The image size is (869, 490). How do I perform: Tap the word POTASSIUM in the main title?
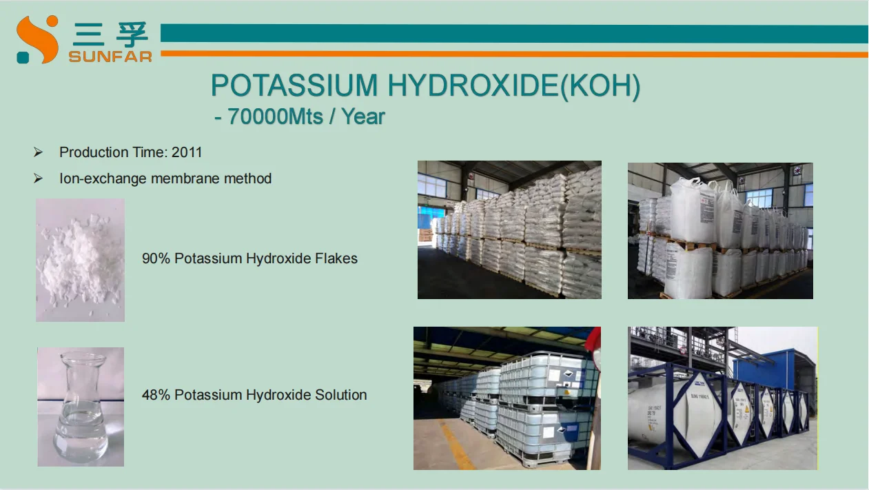(x=295, y=85)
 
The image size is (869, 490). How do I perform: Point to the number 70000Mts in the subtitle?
(x=275, y=116)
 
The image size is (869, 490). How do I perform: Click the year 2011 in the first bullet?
(x=187, y=152)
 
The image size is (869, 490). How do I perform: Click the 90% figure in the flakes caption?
(x=156, y=258)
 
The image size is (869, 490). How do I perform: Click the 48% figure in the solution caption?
(x=156, y=395)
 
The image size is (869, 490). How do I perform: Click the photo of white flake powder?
(x=80, y=260)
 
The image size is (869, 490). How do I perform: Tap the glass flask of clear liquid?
(x=80, y=408)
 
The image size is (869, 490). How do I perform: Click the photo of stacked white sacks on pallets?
(x=509, y=229)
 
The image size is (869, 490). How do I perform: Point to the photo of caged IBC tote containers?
(x=507, y=398)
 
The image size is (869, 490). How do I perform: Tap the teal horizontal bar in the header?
(x=513, y=33)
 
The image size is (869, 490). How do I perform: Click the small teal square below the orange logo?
(x=23, y=58)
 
